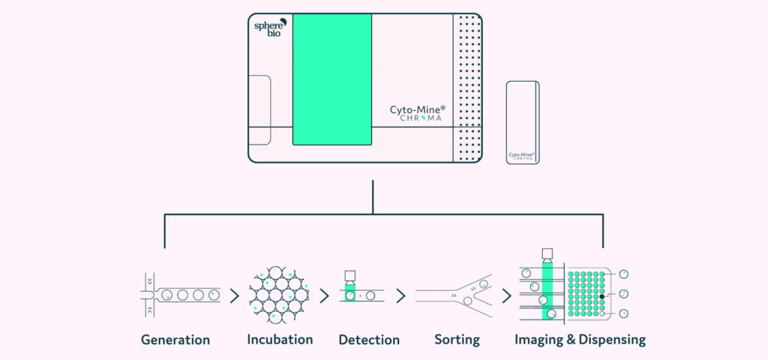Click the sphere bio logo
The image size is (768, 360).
pyautogui.click(x=270, y=29)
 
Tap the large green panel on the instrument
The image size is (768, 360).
pyautogui.click(x=331, y=79)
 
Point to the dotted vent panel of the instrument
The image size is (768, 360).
pyautogui.click(x=467, y=88)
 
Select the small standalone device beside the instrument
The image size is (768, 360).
pyautogui.click(x=522, y=122)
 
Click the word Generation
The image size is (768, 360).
pyautogui.click(x=175, y=340)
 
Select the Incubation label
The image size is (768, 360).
pyautogui.click(x=280, y=340)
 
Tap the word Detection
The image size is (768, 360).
pyautogui.click(x=369, y=340)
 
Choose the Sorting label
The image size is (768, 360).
pyautogui.click(x=457, y=340)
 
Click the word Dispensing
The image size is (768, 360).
pyautogui.click(x=608, y=340)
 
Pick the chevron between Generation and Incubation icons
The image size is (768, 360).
pyautogui.click(x=235, y=295)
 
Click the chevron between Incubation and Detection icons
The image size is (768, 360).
pyautogui.click(x=324, y=295)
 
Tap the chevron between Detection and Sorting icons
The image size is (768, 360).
pyautogui.click(x=400, y=295)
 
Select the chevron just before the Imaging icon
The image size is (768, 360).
pyautogui.click(x=507, y=295)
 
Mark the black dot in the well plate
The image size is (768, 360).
pyautogui.click(x=601, y=297)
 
